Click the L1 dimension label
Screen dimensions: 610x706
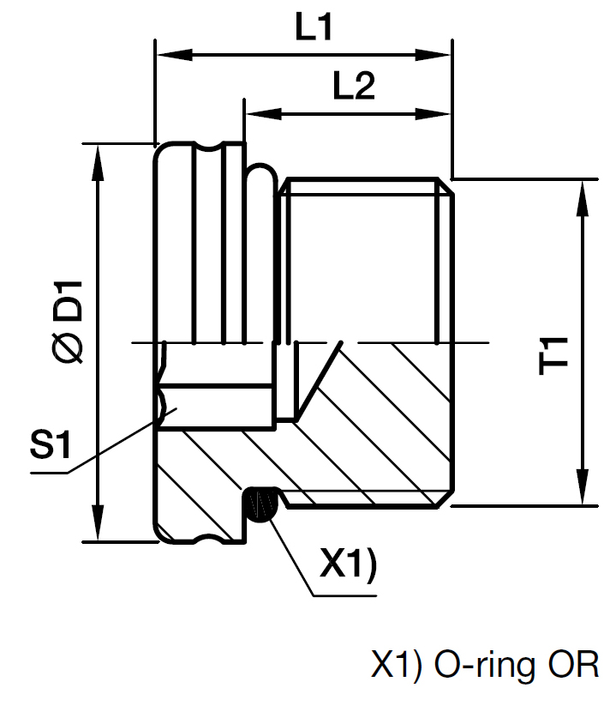[x=314, y=27]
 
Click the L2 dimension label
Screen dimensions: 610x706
[x=354, y=86]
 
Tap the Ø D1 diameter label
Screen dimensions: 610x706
[x=69, y=322]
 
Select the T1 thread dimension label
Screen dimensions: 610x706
[x=553, y=356]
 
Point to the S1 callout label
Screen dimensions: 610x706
[x=51, y=445]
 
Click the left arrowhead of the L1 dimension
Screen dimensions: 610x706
[x=175, y=55]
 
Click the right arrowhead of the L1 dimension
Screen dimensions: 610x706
[x=433, y=55]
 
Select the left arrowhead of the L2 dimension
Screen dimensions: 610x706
[x=264, y=114]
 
